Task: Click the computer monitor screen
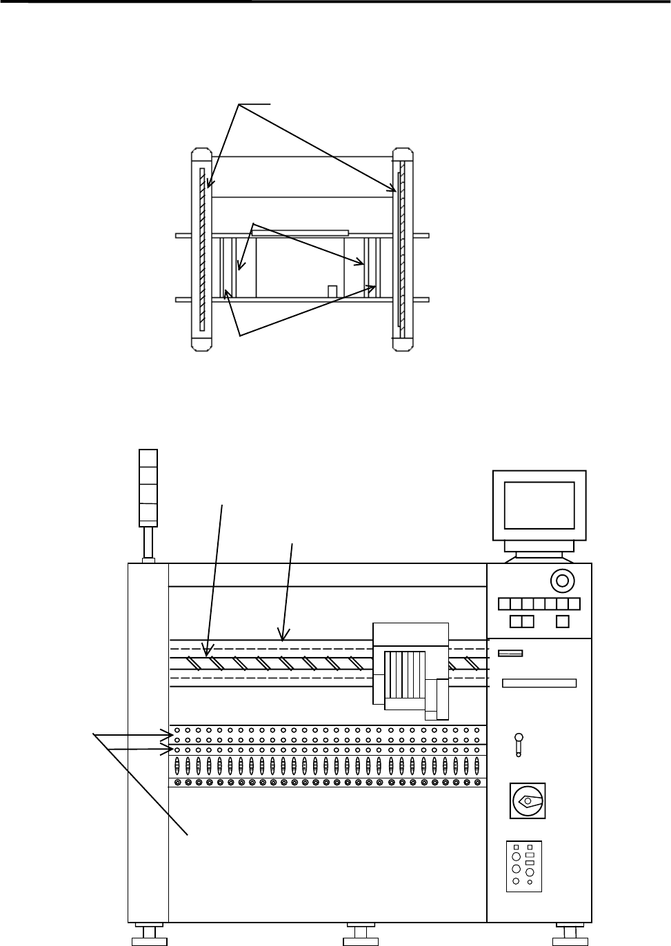[539, 505]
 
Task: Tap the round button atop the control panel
[562, 581]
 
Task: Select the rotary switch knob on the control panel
[528, 801]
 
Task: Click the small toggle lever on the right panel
[518, 745]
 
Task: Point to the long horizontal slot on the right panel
[539, 683]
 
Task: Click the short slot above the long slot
[510, 653]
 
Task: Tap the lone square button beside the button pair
[562, 621]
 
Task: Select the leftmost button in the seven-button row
[503, 605]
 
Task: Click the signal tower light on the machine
[148, 486]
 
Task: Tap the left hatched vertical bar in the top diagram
[203, 250]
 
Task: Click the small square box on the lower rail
[332, 291]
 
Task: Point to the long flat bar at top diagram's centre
[300, 233]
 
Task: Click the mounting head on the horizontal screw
[410, 667]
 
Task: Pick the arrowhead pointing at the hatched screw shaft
[206, 650]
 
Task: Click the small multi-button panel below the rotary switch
[523, 865]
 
